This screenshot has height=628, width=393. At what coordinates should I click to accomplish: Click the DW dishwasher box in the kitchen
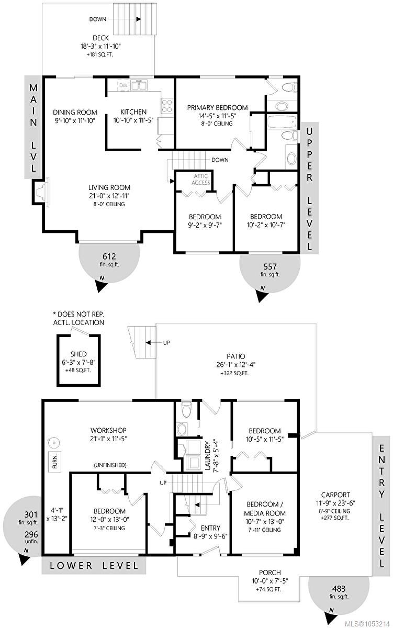point(123,85)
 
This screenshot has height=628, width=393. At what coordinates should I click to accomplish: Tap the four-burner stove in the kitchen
point(167,106)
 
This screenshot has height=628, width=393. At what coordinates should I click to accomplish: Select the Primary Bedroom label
point(217,108)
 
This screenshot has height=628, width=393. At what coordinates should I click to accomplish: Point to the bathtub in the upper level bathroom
point(282,121)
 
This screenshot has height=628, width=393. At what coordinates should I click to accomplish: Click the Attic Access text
point(201,180)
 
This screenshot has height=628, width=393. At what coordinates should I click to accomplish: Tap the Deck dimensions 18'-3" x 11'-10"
point(100,46)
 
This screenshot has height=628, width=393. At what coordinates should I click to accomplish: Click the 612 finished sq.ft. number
point(109,256)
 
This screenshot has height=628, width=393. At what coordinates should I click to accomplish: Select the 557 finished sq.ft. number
point(270,266)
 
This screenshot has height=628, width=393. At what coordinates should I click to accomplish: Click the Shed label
point(78,354)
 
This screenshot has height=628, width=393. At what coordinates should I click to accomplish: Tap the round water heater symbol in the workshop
point(53,443)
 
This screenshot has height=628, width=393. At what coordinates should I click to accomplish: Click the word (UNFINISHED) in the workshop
point(110,465)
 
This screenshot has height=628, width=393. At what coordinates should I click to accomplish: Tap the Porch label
point(270,573)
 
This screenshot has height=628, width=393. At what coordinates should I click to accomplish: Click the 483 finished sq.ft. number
point(339,589)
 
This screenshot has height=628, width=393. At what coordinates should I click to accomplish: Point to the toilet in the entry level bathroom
point(186,410)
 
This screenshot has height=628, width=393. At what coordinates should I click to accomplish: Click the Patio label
point(236,356)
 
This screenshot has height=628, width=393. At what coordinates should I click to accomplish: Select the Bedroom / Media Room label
point(265,509)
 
